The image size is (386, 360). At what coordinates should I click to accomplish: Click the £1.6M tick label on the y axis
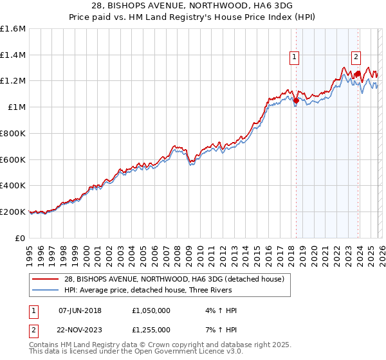13,29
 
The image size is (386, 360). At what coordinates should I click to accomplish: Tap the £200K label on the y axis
13,212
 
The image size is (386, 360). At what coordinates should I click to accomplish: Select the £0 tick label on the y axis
20,238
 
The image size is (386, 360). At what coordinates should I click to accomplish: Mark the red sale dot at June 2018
296,100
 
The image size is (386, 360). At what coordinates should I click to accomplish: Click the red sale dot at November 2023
358,74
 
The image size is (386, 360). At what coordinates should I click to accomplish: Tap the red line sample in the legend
46,278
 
